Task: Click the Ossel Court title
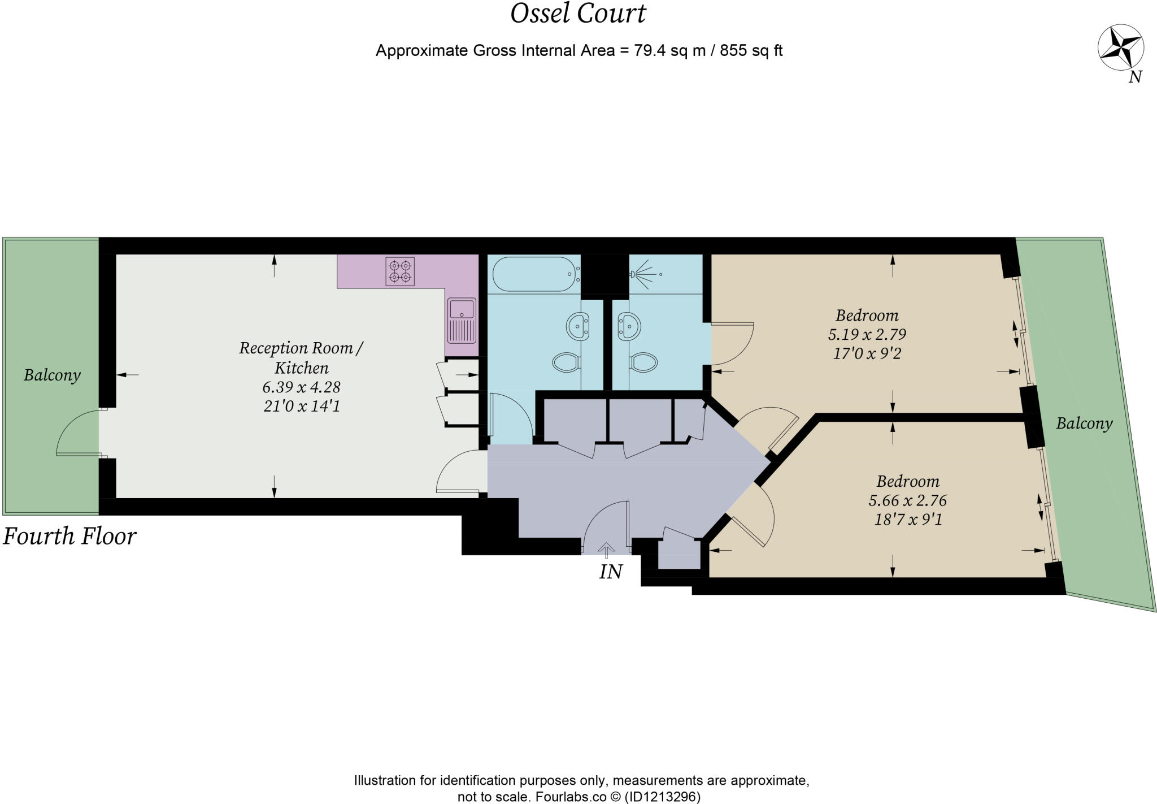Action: pyautogui.click(x=578, y=14)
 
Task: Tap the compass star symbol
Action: pyautogui.click(x=1120, y=47)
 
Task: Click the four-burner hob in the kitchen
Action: pyautogui.click(x=400, y=271)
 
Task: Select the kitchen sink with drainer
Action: pyautogui.click(x=462, y=321)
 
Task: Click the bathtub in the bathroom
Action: pyautogui.click(x=534, y=275)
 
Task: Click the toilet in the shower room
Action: pyautogui.click(x=643, y=362)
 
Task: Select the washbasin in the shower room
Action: pyautogui.click(x=629, y=326)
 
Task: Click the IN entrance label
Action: pyautogui.click(x=610, y=572)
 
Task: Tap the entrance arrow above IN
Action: pyautogui.click(x=606, y=549)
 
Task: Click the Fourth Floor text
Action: pyautogui.click(x=69, y=536)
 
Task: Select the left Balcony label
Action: pyautogui.click(x=52, y=375)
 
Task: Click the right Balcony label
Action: pyautogui.click(x=1084, y=423)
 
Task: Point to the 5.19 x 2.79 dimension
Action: pyautogui.click(x=867, y=334)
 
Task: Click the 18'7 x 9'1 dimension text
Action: pyautogui.click(x=908, y=519)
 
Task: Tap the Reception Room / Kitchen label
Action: pyautogui.click(x=301, y=357)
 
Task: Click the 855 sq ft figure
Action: pyautogui.click(x=751, y=51)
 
